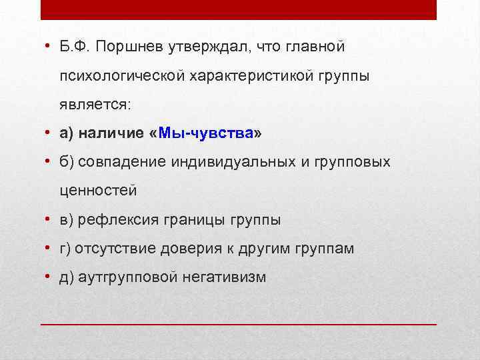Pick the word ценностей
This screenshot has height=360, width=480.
(x=98, y=191)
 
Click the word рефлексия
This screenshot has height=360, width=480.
(x=111, y=220)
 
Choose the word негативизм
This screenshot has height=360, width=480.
(x=223, y=277)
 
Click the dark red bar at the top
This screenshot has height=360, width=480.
(x=239, y=9)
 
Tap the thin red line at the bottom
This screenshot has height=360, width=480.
(x=239, y=323)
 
